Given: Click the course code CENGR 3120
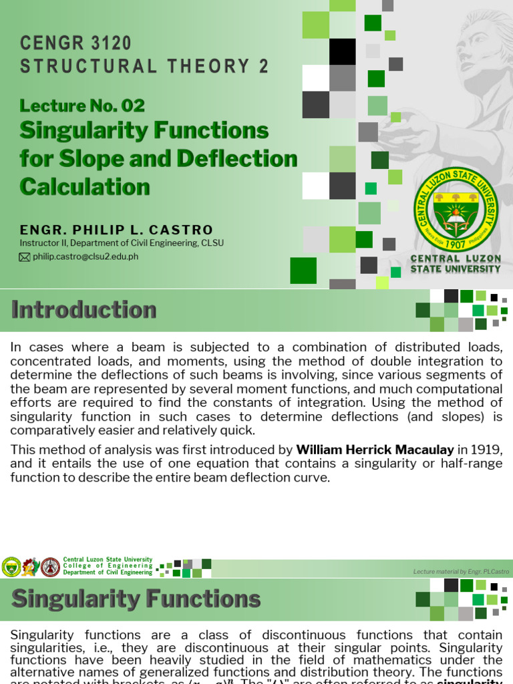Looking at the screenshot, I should click(x=75, y=43).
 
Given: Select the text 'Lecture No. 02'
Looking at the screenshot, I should click(x=82, y=106).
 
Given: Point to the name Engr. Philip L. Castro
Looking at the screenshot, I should click(x=116, y=230).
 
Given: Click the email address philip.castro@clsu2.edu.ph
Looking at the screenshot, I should click(x=85, y=256).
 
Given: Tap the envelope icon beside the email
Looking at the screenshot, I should click(x=25, y=257).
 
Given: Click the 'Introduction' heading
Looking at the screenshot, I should click(x=84, y=310).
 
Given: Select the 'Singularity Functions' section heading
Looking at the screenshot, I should click(x=136, y=599).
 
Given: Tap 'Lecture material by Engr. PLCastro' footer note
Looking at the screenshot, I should click(x=461, y=572).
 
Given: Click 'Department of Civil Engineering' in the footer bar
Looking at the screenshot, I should click(x=108, y=572).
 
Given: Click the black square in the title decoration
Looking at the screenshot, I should click(x=343, y=51).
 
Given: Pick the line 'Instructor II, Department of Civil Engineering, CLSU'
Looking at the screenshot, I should click(x=122, y=243).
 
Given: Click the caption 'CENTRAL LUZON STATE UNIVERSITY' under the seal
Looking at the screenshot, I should click(x=455, y=264).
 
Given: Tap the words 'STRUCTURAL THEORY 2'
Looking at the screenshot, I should click(x=144, y=66).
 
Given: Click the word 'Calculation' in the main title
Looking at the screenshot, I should click(x=85, y=186).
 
